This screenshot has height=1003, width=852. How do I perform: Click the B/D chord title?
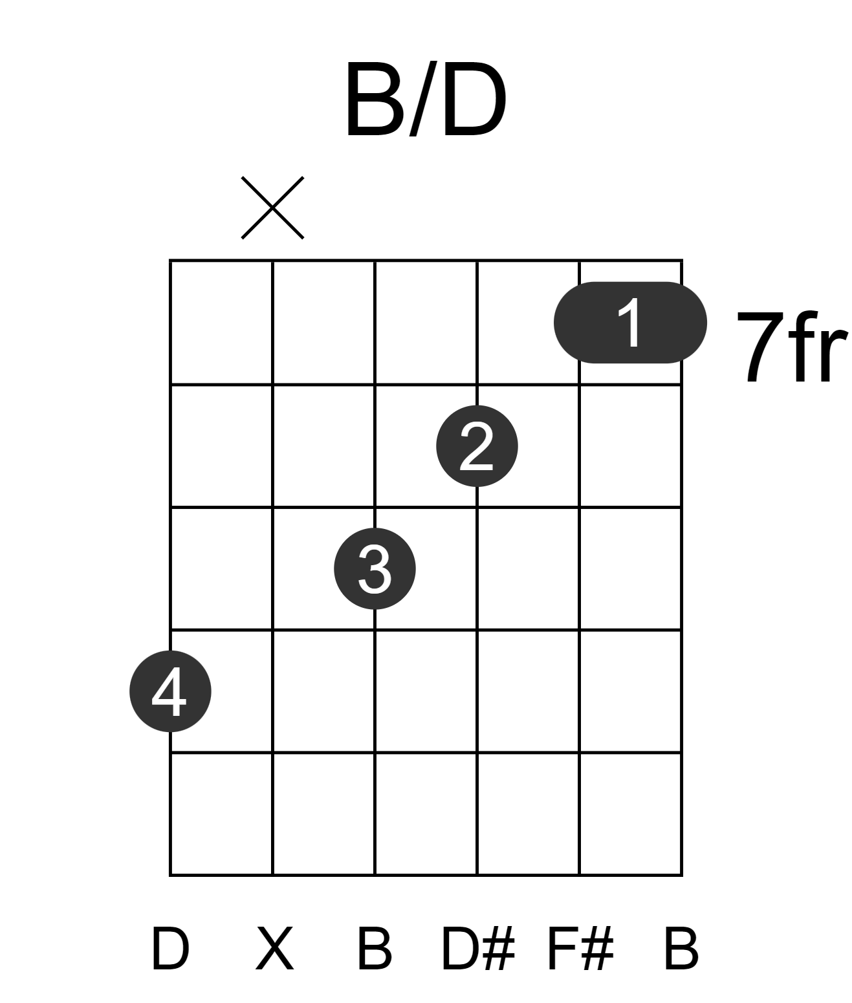[426, 99]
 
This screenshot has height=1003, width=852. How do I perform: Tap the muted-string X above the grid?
[272, 208]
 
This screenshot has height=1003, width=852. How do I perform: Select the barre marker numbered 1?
[630, 322]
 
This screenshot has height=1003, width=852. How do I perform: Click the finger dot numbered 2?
[477, 446]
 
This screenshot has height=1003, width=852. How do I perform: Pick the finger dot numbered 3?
[375, 568]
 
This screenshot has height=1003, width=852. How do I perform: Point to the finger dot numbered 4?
[170, 691]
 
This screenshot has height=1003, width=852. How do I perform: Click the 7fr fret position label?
[792, 347]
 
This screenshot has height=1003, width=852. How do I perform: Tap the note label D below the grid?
[170, 949]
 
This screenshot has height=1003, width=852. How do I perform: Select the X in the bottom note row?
[275, 949]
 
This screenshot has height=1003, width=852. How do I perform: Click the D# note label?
[477, 949]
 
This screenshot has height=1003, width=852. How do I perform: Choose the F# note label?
[581, 949]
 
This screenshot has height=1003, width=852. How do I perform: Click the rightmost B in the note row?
[681, 949]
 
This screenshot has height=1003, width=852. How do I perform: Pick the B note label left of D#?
[375, 949]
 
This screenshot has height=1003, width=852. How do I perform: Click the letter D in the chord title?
[474, 99]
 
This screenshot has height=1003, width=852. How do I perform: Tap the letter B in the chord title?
[375, 99]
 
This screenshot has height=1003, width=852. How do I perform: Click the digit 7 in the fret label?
[760, 347]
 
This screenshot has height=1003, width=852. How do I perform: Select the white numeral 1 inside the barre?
[630, 322]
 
